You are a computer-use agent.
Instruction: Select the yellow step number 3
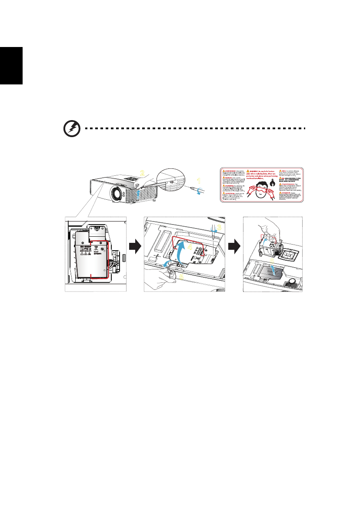(220, 227)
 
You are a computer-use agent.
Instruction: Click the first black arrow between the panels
(135, 247)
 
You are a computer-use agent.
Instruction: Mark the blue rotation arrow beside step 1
(199, 192)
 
